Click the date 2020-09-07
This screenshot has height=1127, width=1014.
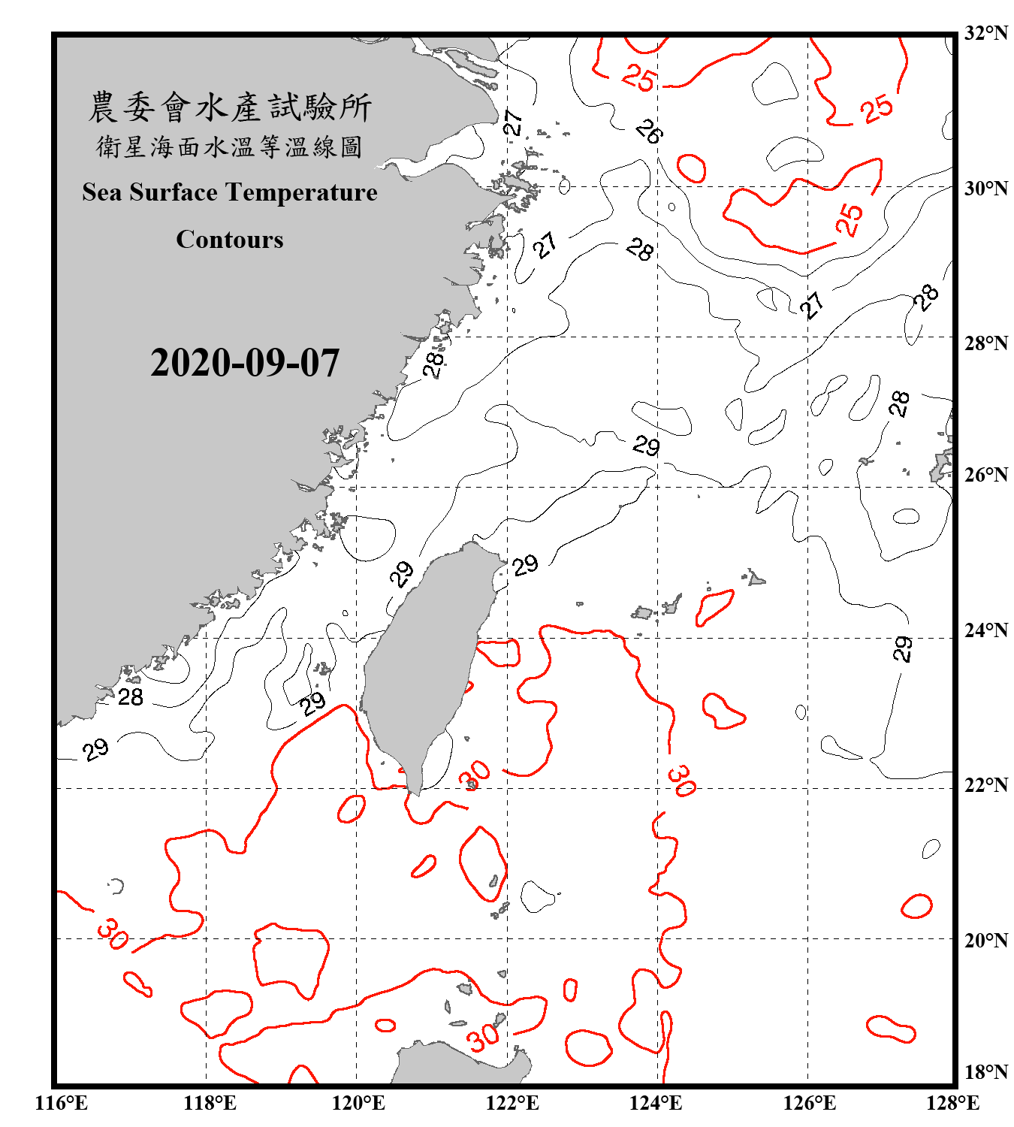click(245, 363)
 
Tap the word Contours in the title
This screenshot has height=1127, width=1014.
click(230, 240)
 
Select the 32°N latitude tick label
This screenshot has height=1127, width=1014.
click(985, 33)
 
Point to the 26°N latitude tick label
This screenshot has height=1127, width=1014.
click(985, 475)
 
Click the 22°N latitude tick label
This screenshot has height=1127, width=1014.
click(985, 785)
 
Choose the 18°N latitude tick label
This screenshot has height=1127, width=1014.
click(985, 1072)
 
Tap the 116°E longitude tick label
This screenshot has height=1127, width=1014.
click(62, 1103)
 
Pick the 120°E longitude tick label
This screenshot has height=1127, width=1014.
click(358, 1103)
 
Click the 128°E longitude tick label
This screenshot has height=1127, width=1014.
click(952, 1103)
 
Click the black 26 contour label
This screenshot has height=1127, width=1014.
click(648, 131)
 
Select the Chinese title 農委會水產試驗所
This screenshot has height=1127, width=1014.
click(230, 107)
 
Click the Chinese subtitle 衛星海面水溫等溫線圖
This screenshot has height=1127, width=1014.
click(230, 147)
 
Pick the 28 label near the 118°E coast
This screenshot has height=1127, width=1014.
click(131, 697)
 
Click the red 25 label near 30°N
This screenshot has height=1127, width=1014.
click(850, 219)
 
